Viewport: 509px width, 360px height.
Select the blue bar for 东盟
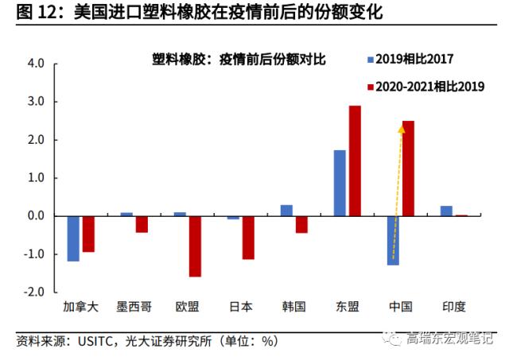[x=340, y=183]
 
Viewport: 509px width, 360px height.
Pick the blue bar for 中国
[x=393, y=240]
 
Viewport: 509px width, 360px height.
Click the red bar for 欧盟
[x=195, y=246]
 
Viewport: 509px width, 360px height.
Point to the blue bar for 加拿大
[x=73, y=238]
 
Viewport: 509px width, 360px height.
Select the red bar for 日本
[x=248, y=238]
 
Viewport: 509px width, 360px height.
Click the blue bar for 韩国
[x=286, y=211]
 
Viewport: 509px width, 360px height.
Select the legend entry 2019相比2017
[x=414, y=60]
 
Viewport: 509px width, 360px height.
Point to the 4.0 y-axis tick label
[x=34, y=64]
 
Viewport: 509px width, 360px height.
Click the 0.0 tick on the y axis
[x=34, y=216]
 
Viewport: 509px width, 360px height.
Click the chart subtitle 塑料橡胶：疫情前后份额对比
[x=239, y=60]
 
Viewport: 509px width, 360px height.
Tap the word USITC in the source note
[x=96, y=341]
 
